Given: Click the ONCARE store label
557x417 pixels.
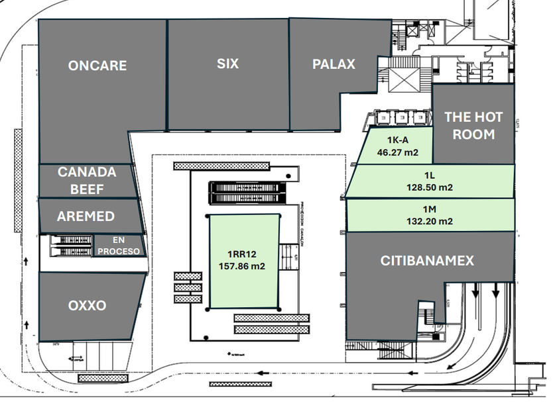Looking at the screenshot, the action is coord(97,66).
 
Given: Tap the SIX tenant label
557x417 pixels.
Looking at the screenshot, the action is coord(227,64).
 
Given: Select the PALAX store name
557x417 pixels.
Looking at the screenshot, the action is coord(334,64).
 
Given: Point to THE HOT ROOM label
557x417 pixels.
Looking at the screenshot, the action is coord(473,126).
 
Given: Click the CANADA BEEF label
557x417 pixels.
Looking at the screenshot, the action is coord(87,181).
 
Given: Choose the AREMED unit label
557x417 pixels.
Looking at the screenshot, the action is coord(86,216).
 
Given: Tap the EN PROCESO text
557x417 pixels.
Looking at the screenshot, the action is coord(118,246).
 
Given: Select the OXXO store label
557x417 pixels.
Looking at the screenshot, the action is coord(87,306).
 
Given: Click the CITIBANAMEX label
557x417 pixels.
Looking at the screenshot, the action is coord(427,261).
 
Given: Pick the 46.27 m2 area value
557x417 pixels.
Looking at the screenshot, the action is coord(397,152).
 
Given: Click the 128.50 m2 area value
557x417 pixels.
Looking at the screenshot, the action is coord(429,187).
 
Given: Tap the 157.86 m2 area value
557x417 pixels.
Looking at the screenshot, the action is coord(243,266).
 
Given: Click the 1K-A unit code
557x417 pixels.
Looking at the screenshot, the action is coord(397,140).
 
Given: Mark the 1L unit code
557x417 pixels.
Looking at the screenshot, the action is coord(429,176).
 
